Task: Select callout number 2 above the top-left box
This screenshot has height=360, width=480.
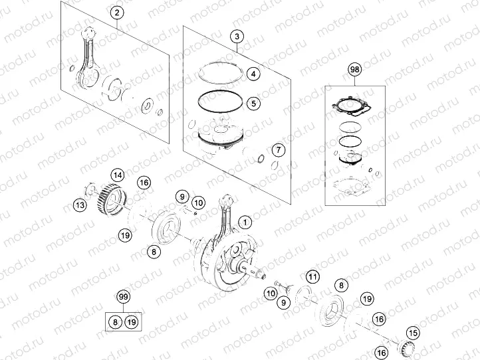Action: click(116, 13)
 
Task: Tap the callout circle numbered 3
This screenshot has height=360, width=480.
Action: click(238, 38)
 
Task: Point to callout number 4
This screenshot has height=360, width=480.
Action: click(254, 74)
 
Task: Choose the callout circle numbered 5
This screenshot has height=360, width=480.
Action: click(254, 103)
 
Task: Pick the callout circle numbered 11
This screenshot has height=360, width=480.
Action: click(312, 276)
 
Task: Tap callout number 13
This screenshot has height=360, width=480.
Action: click(80, 205)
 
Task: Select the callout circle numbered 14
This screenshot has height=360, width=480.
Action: click(117, 175)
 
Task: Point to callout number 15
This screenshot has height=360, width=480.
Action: click(413, 333)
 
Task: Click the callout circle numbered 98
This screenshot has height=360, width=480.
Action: click(355, 69)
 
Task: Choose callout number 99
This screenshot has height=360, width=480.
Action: click(123, 296)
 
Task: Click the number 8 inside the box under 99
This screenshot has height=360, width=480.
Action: click(115, 321)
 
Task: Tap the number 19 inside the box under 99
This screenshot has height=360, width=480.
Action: click(131, 321)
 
